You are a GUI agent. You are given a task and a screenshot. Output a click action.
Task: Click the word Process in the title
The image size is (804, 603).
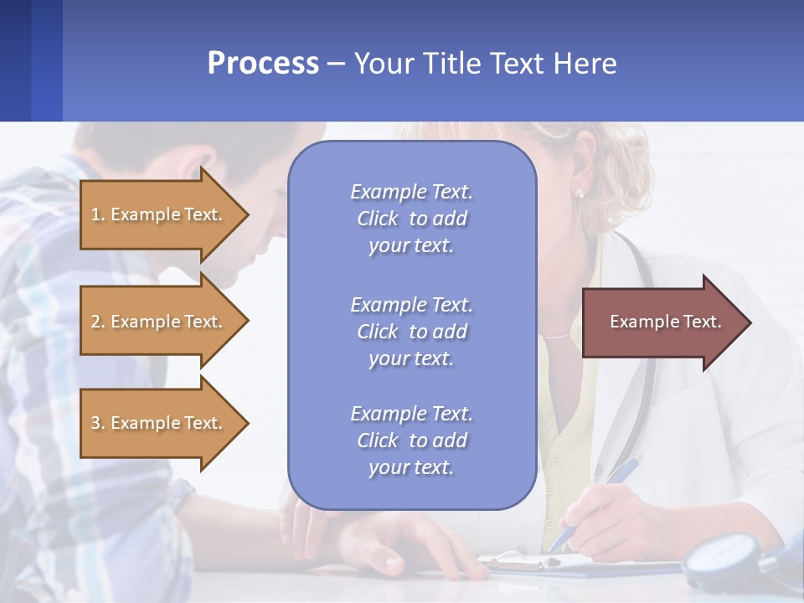pos(263,63)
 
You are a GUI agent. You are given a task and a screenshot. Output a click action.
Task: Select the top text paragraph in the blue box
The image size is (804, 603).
pos(411,219)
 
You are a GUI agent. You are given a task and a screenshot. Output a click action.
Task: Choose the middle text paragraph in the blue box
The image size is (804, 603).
pos(411,332)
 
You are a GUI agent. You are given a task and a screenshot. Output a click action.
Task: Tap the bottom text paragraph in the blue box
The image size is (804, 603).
pos(411,441)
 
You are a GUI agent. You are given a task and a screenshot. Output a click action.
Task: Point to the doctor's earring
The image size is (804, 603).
pos(579,193)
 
